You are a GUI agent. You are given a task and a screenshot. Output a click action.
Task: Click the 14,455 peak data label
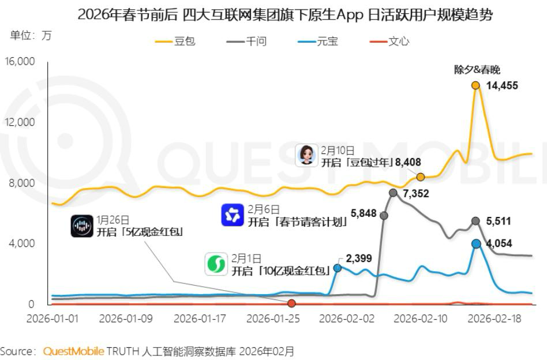pos(502,85)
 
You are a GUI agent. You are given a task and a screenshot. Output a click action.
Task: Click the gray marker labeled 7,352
pos(393,193)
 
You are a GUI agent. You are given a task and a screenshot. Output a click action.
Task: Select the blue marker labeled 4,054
pos(476,244)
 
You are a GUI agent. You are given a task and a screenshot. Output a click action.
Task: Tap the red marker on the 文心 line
pos(291,303)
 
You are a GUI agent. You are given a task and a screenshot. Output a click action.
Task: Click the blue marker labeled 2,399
pos(338,268)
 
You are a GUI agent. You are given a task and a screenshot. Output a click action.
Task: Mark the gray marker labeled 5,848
pos(384,215)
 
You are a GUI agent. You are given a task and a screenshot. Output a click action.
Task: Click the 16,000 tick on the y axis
pos(20,61)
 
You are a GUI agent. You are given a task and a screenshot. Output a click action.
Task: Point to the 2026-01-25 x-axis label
pos(273,318)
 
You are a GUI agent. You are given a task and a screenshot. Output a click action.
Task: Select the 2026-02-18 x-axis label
pos(499,318)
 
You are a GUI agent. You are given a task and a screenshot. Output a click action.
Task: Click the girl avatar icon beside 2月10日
pos(306,155)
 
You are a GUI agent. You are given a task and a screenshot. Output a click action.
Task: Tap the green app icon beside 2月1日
pos(216,264)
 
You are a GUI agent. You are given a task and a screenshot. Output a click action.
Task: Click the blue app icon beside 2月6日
pos(233,215)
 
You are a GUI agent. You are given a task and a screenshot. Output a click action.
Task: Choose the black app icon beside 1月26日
pos(82,226)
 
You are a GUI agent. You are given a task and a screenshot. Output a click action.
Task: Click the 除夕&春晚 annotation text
pos(477,70)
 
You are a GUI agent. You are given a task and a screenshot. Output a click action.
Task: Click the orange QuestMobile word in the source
pos(74,351)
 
